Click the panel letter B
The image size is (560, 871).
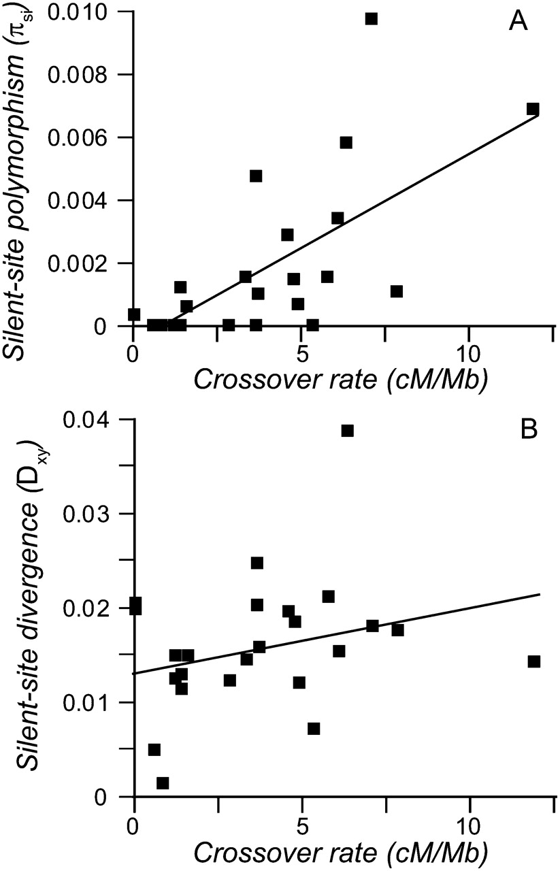(x=519, y=432)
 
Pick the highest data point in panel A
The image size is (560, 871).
(x=371, y=18)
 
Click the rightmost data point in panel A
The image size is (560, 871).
(x=533, y=109)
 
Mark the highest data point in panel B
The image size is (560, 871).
(x=348, y=430)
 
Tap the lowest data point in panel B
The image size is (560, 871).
(x=163, y=783)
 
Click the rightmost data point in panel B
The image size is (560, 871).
(x=534, y=661)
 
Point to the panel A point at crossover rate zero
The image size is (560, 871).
(x=134, y=314)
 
